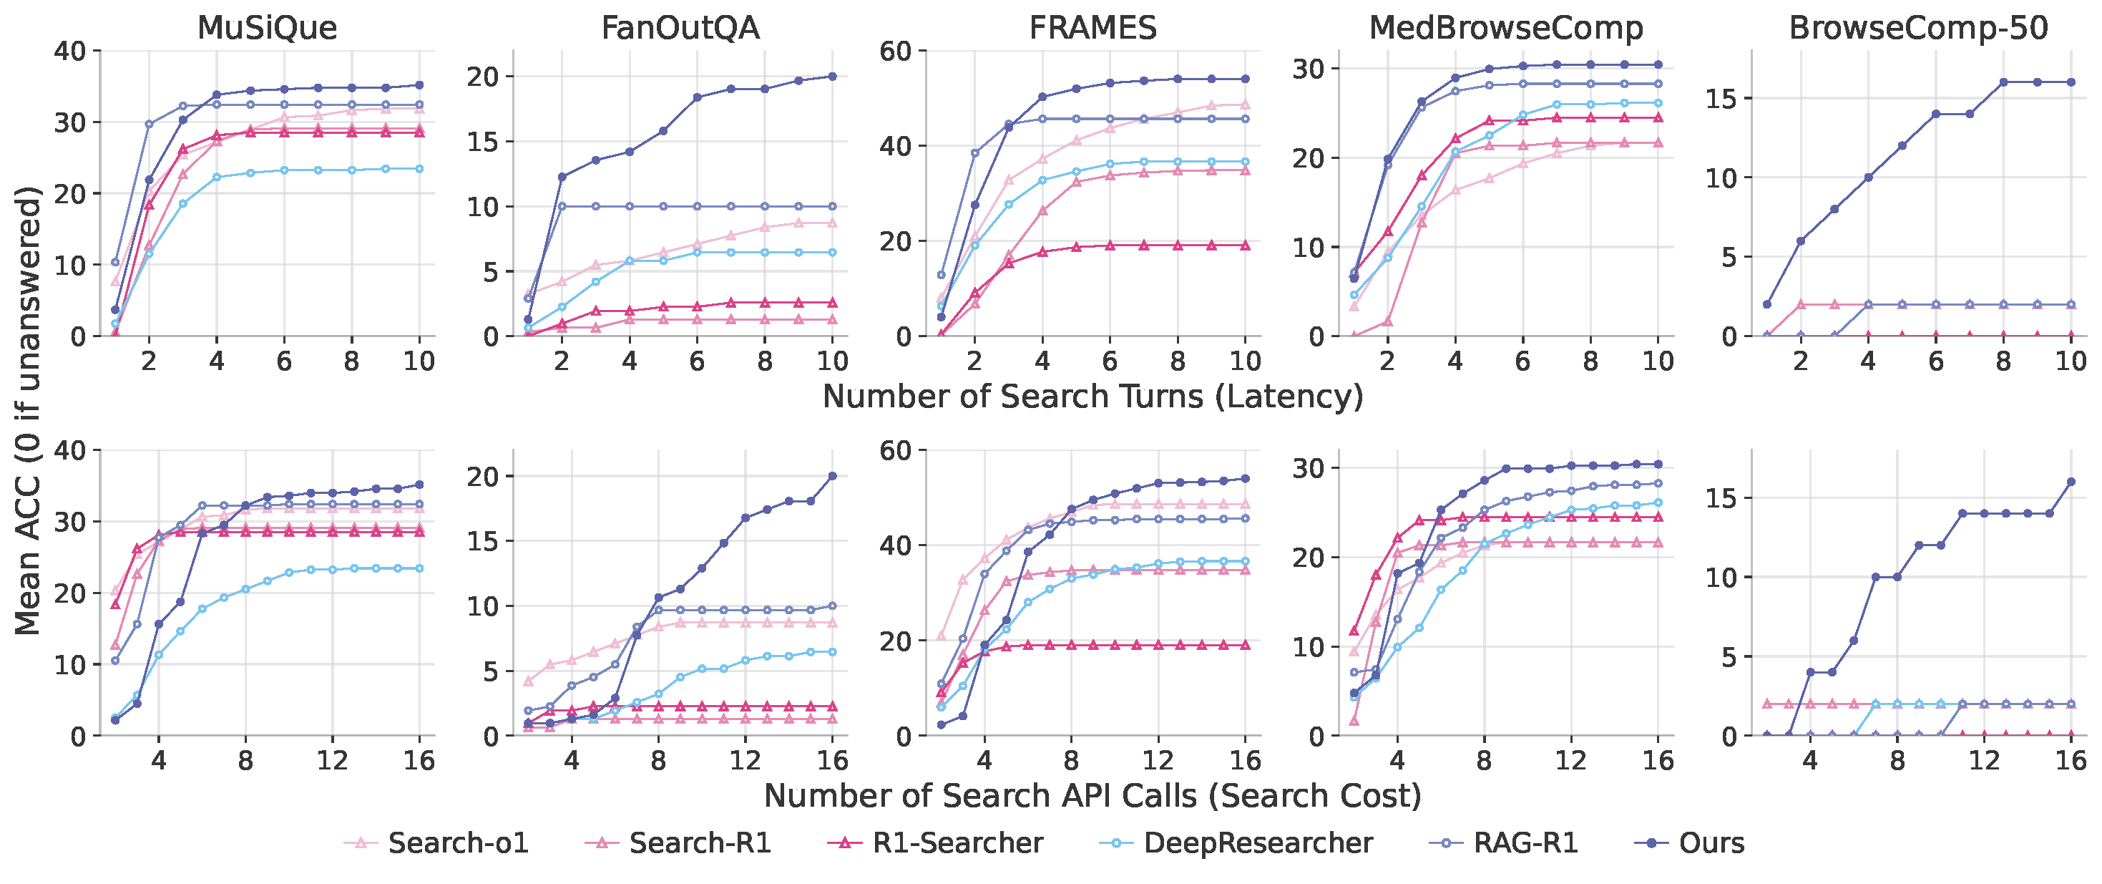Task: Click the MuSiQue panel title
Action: pyautogui.click(x=267, y=28)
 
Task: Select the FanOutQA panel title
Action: pyautogui.click(x=680, y=28)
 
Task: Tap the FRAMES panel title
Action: pyautogui.click(x=1092, y=28)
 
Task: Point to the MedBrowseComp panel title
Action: pyautogui.click(x=1505, y=28)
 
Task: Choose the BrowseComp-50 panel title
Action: pyautogui.click(x=1918, y=28)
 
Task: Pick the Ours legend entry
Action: pyautogui.click(x=1711, y=843)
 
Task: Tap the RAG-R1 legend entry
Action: pyautogui.click(x=1525, y=843)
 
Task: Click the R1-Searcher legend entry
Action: pyautogui.click(x=957, y=843)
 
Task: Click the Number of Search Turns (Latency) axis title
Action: pyautogui.click(x=1092, y=397)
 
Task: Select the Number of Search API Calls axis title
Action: pyautogui.click(x=1092, y=796)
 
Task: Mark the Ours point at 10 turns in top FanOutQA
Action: pyautogui.click(x=832, y=76)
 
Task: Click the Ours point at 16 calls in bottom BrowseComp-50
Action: pyautogui.click(x=2071, y=482)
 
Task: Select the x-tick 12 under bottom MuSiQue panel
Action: pyautogui.click(x=332, y=761)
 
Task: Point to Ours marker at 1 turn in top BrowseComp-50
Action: pyautogui.click(x=1766, y=304)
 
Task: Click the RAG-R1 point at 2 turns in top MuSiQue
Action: pyautogui.click(x=149, y=124)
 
